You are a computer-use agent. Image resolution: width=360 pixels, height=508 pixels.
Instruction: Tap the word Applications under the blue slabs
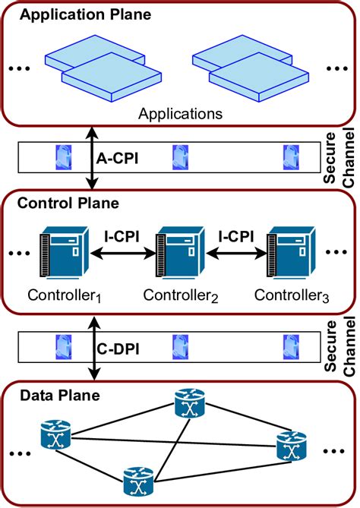pos(180,114)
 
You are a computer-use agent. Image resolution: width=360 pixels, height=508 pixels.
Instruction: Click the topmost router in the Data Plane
pos(188,405)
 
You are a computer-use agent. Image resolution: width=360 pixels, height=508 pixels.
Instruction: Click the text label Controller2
pos(180,295)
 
